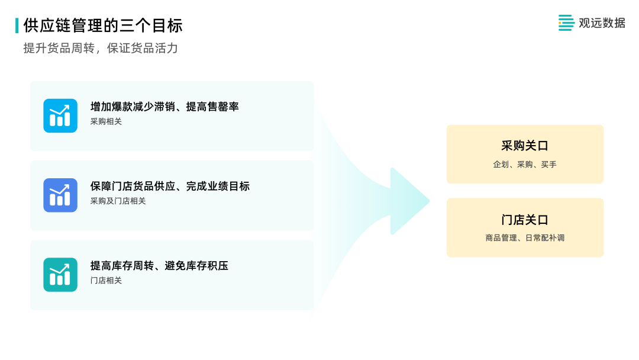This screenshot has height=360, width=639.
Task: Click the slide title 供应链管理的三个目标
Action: [x=103, y=25]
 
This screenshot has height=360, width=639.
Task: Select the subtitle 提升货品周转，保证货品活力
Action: [x=101, y=48]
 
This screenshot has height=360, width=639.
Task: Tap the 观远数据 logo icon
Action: [x=566, y=23]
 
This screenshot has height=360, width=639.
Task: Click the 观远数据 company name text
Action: [x=602, y=23]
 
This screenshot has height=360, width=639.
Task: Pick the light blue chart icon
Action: [x=60, y=115]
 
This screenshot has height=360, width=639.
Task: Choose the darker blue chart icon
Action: [x=60, y=195]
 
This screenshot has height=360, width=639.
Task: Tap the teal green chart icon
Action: [x=60, y=274]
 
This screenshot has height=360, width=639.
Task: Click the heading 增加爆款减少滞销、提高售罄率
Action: [x=164, y=107]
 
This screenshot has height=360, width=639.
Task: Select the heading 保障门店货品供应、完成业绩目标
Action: [x=170, y=186]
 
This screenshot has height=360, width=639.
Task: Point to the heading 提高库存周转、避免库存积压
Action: [x=159, y=265]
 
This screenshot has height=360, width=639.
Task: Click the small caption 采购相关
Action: [x=106, y=121]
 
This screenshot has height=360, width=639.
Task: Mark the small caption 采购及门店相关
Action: [x=118, y=201]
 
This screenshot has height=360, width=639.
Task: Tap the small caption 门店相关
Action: [x=106, y=280]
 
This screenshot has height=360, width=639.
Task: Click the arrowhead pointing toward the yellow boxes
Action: [x=408, y=201]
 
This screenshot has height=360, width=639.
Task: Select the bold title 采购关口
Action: [x=525, y=146]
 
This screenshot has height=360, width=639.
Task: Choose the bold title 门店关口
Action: [x=525, y=220]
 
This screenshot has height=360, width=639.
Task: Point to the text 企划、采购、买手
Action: [x=525, y=164]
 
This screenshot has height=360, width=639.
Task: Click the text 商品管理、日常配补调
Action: [x=525, y=238]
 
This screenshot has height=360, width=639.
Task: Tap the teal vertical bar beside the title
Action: [x=17, y=25]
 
